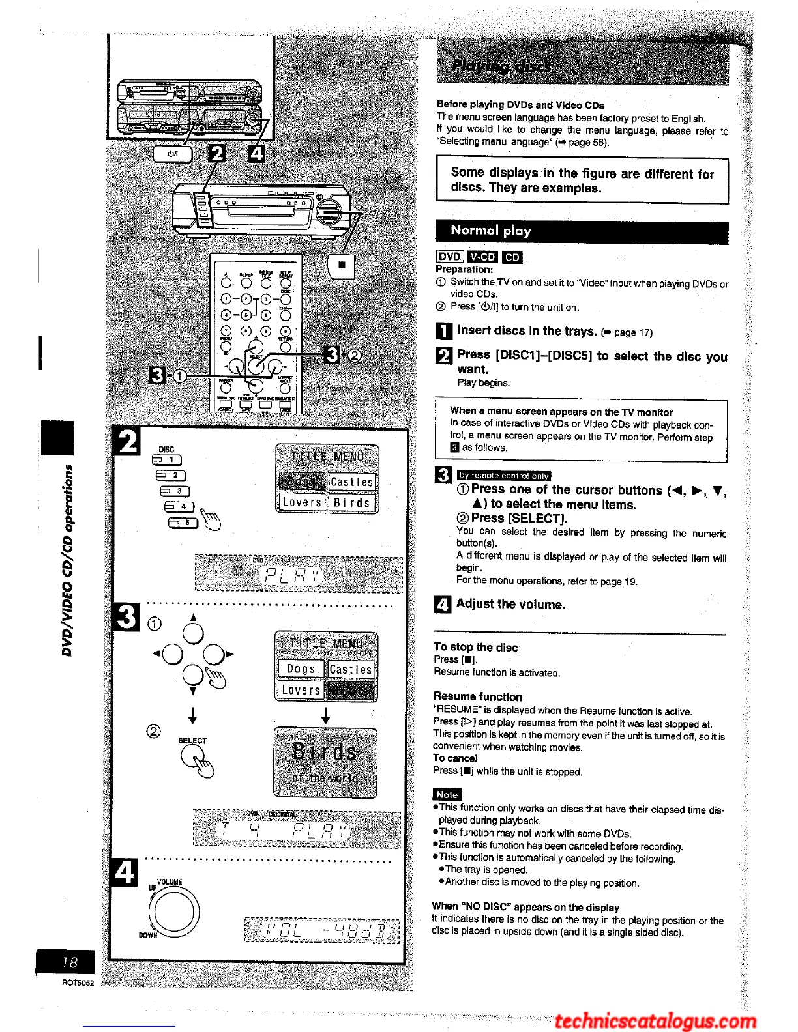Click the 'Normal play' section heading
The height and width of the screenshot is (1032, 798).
tap(491, 231)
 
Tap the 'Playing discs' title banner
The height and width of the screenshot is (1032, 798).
tap(501, 66)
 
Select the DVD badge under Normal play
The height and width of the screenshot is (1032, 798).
tap(449, 257)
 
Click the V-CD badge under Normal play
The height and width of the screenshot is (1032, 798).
tap(482, 257)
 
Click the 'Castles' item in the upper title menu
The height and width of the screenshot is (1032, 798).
tap(351, 482)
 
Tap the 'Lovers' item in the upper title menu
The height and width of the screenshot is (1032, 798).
tap(301, 502)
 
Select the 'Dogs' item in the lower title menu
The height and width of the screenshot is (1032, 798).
tap(301, 669)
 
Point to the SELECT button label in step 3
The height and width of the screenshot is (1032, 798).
tap(192, 741)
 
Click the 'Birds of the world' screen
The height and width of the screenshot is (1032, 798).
tap(325, 762)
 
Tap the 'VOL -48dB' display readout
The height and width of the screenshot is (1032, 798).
tap(322, 930)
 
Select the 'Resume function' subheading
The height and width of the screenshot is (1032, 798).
tap(478, 696)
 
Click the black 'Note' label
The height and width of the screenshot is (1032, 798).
tap(447, 794)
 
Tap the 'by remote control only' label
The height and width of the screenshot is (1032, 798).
tap(503, 476)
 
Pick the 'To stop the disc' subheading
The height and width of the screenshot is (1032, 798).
tap(475, 647)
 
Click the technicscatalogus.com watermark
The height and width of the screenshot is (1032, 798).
tap(655, 1021)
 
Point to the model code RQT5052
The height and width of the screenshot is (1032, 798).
tap(78, 983)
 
